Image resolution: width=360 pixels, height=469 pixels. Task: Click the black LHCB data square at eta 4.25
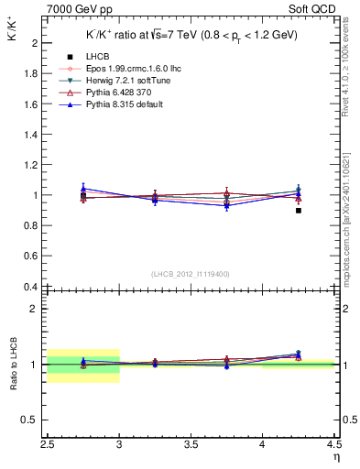[299, 211]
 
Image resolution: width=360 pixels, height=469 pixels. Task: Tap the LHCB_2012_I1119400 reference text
[191, 274]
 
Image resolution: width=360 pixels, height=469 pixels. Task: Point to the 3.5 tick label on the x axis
[191, 445]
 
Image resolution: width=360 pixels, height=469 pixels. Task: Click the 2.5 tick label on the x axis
[48, 445]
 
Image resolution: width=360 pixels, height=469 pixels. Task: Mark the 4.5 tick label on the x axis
[333, 445]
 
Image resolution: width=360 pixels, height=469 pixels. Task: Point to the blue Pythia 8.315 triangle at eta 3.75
[227, 205]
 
